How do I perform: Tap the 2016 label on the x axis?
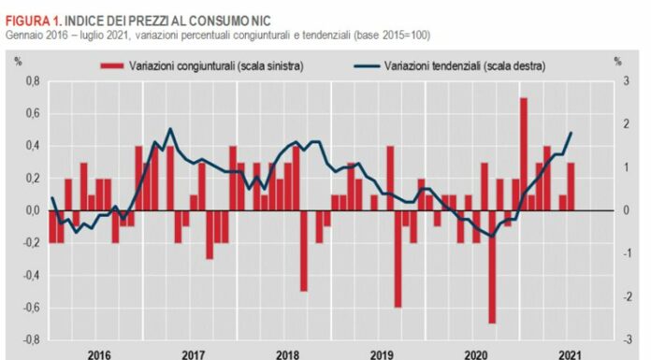99,354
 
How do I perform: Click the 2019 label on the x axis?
382,354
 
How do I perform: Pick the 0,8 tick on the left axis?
32,81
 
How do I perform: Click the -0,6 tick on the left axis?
31,308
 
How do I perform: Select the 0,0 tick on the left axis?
32,211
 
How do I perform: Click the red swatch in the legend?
111,65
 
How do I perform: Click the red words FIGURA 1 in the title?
33,20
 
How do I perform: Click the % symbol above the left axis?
19,62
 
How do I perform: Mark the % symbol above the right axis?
618,62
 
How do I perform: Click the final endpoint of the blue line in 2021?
571,133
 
